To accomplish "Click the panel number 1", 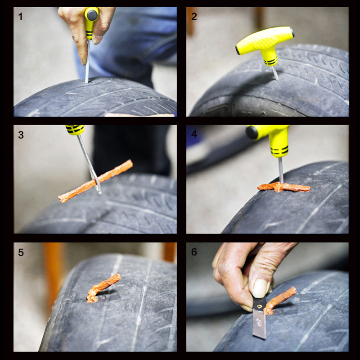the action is click(x=20, y=17).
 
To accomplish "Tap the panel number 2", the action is click(x=194, y=17).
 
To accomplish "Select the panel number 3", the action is click(x=21, y=135).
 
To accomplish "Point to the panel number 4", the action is click(x=194, y=134).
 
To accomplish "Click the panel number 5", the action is click(x=21, y=252).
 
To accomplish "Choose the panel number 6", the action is click(x=194, y=252).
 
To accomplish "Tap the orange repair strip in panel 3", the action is click(x=95, y=181).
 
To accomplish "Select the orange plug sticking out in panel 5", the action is click(x=102, y=287).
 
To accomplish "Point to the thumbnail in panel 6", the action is click(x=260, y=288).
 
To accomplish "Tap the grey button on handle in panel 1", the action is click(x=92, y=15).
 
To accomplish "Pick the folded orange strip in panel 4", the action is click(x=283, y=187).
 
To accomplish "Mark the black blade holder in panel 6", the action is click(x=260, y=302).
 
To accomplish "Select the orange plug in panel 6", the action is click(x=279, y=300).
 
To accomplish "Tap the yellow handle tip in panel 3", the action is click(x=75, y=130).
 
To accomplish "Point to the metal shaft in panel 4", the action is click(x=281, y=171).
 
